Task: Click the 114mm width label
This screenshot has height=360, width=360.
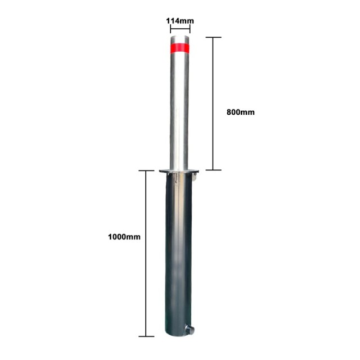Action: click(180, 21)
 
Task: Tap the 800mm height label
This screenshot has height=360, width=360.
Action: click(240, 112)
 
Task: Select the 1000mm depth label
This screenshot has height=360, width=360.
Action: click(124, 237)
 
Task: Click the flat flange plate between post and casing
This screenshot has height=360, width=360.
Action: click(179, 171)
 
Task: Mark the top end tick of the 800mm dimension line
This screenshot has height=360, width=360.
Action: click(213, 38)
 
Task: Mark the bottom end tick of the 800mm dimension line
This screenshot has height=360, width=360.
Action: click(213, 169)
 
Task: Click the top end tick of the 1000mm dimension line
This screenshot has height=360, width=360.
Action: click(146, 170)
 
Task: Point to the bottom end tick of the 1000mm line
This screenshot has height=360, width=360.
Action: click(146, 336)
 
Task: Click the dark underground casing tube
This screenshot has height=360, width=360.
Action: click(179, 253)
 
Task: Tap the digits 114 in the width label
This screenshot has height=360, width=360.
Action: click(173, 21)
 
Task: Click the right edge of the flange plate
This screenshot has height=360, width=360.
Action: click(199, 171)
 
